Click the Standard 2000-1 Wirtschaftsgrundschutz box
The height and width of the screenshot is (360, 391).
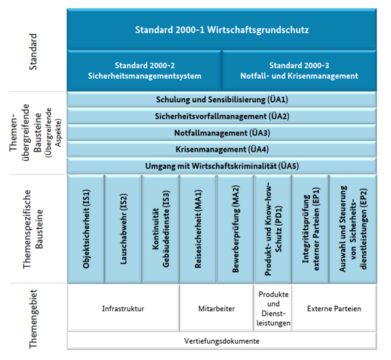click(x=222, y=29)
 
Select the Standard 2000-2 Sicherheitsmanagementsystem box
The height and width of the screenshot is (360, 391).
click(x=144, y=70)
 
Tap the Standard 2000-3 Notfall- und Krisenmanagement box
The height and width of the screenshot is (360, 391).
click(x=299, y=70)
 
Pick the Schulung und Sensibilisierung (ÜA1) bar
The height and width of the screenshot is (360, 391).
click(x=222, y=100)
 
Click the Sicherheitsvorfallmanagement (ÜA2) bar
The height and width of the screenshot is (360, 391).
click(x=222, y=116)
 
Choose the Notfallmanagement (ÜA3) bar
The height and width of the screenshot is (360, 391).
click(x=222, y=133)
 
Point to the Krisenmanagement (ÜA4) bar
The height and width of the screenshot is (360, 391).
click(x=222, y=149)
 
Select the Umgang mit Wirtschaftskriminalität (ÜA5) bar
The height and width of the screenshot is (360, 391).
click(x=222, y=166)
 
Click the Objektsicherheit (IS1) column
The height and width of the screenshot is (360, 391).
click(x=86, y=229)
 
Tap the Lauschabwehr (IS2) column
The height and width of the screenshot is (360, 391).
click(x=123, y=229)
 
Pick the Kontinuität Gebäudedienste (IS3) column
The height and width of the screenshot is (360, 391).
click(x=160, y=229)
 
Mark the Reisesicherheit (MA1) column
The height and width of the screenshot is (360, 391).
click(x=198, y=229)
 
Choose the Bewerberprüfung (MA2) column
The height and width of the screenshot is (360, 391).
click(x=235, y=229)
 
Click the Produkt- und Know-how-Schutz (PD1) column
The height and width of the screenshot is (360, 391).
click(x=273, y=229)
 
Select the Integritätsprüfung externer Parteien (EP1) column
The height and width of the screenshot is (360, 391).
click(x=310, y=229)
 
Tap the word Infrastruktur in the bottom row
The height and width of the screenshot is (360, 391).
click(x=123, y=309)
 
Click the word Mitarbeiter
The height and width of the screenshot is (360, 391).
click(x=216, y=309)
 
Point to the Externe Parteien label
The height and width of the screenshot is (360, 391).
click(x=334, y=309)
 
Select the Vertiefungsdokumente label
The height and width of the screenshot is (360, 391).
click(x=222, y=341)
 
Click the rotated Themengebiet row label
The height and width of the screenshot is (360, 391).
click(x=33, y=319)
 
